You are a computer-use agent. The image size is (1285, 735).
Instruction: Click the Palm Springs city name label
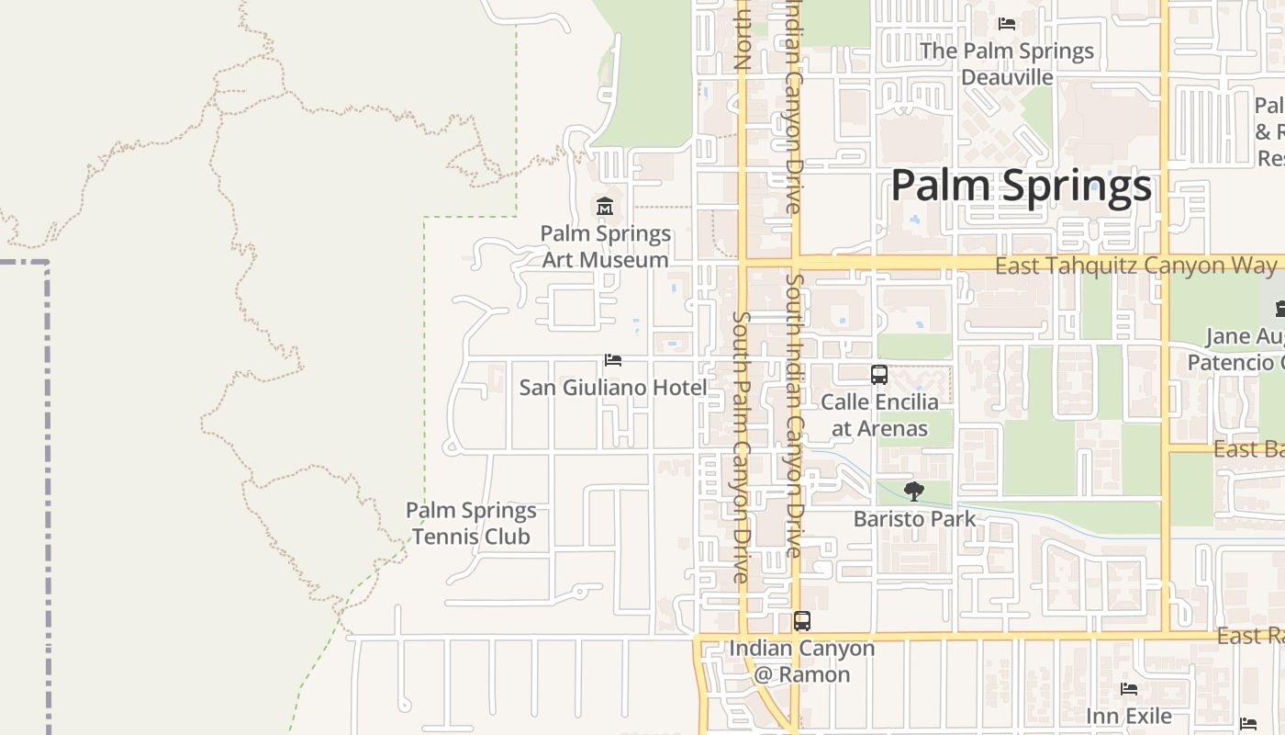(x=1021, y=186)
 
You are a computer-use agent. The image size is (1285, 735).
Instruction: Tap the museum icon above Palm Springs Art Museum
(x=605, y=207)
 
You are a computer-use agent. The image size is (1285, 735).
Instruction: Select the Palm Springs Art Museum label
(x=605, y=246)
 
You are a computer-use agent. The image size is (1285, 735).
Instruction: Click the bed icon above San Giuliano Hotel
(x=613, y=360)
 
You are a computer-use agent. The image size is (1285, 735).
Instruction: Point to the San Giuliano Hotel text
(x=613, y=388)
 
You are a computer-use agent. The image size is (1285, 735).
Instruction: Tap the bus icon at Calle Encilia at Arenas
(x=879, y=375)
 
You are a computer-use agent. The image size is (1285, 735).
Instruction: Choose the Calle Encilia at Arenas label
(x=879, y=415)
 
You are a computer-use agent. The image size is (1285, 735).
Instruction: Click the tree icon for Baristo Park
(x=913, y=492)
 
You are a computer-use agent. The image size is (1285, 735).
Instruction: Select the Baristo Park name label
(x=914, y=519)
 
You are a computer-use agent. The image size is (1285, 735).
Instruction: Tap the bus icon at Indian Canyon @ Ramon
(x=802, y=621)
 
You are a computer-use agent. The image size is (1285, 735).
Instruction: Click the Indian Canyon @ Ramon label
(x=802, y=661)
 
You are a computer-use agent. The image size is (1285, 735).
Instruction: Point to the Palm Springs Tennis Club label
(x=471, y=523)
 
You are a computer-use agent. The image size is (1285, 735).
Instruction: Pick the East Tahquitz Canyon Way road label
(x=1135, y=266)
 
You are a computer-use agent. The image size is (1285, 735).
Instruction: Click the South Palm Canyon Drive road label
(x=742, y=447)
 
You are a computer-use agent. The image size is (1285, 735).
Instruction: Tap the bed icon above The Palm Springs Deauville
(x=1007, y=24)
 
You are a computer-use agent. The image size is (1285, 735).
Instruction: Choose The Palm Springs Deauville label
(x=1007, y=63)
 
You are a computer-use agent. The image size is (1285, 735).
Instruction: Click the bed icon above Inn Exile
(x=1129, y=689)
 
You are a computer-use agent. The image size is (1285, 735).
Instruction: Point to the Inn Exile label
(x=1129, y=716)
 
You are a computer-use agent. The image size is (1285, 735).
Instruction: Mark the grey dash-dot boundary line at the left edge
(x=47, y=496)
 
